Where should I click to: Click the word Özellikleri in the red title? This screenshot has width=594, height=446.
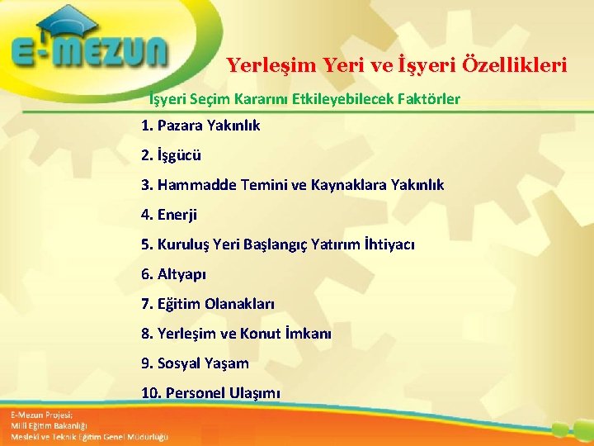point(520,64)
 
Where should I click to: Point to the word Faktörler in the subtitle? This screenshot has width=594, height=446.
point(430,100)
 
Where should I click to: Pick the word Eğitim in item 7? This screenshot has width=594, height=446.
point(177,304)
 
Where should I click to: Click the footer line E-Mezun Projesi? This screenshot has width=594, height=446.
point(42,414)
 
